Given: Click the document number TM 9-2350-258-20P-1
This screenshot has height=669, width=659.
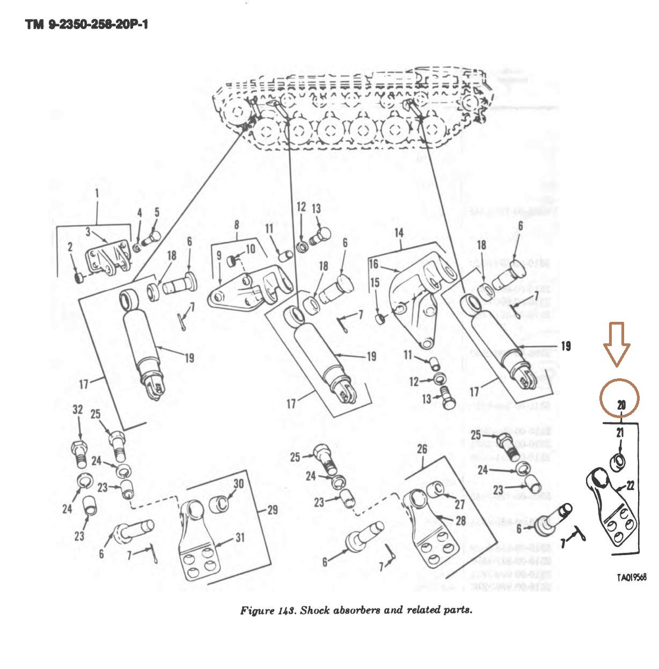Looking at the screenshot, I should (x=86, y=25).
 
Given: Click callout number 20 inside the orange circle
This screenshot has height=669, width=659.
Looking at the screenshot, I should (x=621, y=405).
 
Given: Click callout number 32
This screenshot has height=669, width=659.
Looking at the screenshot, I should (x=78, y=410).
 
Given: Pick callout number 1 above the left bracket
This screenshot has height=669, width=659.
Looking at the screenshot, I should (x=97, y=192).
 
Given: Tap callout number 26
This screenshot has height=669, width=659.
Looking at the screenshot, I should (x=422, y=449).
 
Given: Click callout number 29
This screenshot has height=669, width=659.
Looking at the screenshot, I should (x=273, y=509).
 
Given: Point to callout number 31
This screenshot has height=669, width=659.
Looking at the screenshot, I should (x=239, y=537).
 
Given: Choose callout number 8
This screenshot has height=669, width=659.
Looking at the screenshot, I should (x=236, y=226).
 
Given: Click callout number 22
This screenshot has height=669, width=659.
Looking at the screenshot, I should (x=631, y=486).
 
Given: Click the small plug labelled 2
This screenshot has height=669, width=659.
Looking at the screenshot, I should (x=79, y=278).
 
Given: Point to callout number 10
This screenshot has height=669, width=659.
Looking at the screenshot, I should (x=251, y=250).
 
